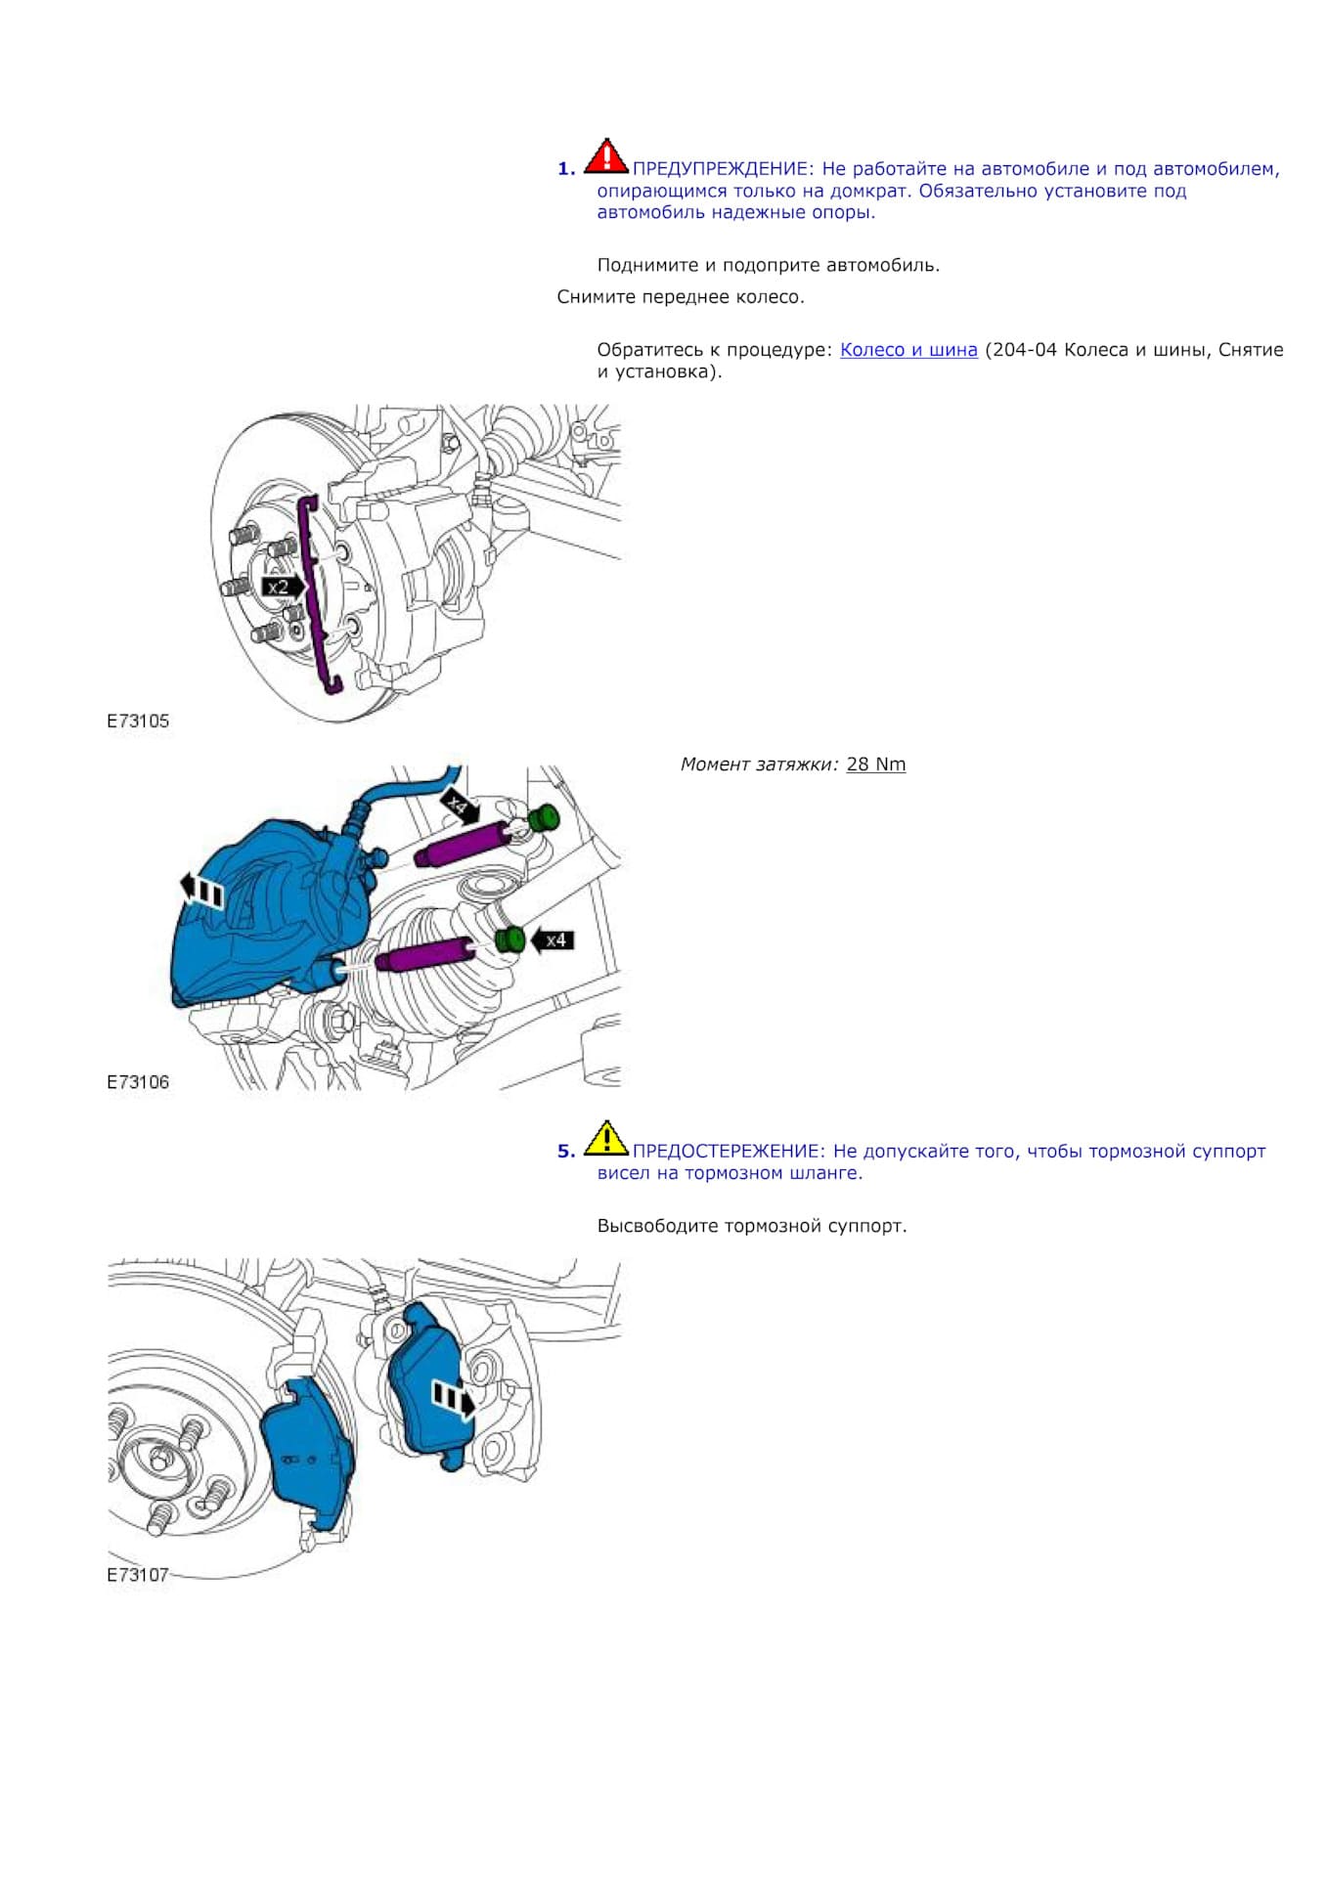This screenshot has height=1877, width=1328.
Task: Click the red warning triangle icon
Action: coord(605,157)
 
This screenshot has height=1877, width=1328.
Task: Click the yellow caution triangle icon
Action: coord(605,1139)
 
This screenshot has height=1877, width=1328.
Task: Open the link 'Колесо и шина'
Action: coord(908,350)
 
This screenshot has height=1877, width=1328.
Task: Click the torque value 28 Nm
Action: coord(875,764)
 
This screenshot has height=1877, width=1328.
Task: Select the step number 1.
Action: coord(566,169)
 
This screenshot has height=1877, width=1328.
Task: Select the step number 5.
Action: coord(566,1152)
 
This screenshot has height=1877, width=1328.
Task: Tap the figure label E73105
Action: coord(138,720)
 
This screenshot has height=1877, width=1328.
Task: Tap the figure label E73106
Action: coord(138,1082)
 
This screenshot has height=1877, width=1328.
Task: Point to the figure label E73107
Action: coord(138,1575)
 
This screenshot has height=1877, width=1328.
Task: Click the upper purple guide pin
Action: coord(460,843)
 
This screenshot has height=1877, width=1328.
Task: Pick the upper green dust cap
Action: coord(542,817)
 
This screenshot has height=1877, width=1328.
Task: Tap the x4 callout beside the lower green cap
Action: coord(553,940)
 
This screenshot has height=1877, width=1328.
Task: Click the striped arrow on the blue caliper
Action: coord(202,891)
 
